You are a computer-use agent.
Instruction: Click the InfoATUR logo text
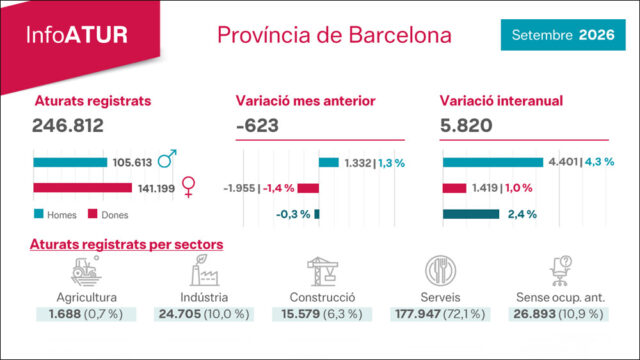tap(77, 35)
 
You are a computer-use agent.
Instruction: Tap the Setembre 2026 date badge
tap(563, 35)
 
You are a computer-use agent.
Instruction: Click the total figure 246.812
tap(68, 125)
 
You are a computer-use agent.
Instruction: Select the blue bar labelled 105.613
tap(70, 162)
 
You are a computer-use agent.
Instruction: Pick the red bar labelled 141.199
tap(82, 188)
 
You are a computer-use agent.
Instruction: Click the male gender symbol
tap(167, 158)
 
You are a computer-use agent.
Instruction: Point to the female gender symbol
tap(189, 187)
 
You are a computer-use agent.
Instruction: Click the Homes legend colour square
tap(39, 214)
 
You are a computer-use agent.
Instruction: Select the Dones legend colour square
tap(93, 214)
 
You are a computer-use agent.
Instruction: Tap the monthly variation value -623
tap(258, 125)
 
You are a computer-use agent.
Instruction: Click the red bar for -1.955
tap(308, 188)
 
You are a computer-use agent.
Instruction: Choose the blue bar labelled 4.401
tap(493, 162)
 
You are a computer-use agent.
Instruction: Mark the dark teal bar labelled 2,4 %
tap(471, 214)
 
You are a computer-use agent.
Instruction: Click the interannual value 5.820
tap(466, 125)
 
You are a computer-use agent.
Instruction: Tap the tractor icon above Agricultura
tap(86, 270)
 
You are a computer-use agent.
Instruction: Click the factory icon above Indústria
tap(204, 270)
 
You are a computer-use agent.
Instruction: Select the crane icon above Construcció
tap(322, 271)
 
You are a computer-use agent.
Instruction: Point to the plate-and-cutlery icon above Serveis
tap(440, 270)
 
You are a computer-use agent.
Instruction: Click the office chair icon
tap(560, 271)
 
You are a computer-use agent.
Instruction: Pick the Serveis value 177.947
tap(418, 314)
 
